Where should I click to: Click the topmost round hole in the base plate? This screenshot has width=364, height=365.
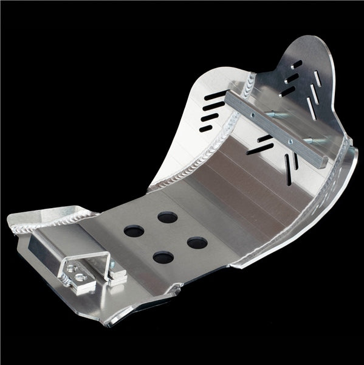[165, 217]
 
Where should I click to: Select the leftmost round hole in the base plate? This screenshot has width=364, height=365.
[131, 231]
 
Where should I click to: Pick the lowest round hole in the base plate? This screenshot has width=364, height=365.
[161, 257]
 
